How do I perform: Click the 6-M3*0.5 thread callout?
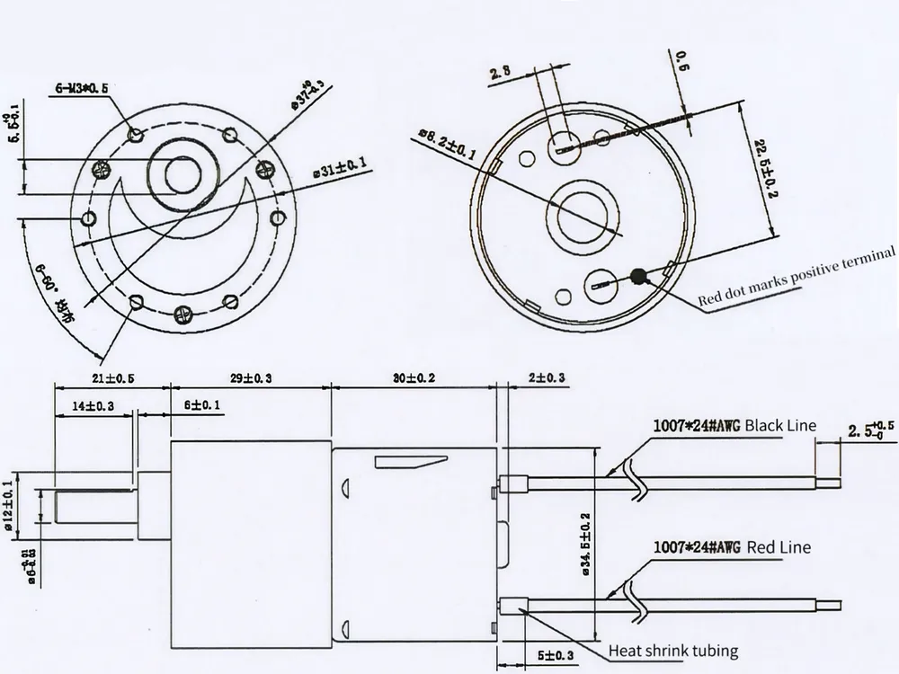coord(83,88)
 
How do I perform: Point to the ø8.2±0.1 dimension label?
coord(449,145)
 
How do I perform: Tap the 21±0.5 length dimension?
coord(112,378)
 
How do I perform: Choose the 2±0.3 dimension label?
coord(547,378)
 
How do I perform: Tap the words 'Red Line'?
coord(778,546)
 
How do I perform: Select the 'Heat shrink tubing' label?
coord(673,651)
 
